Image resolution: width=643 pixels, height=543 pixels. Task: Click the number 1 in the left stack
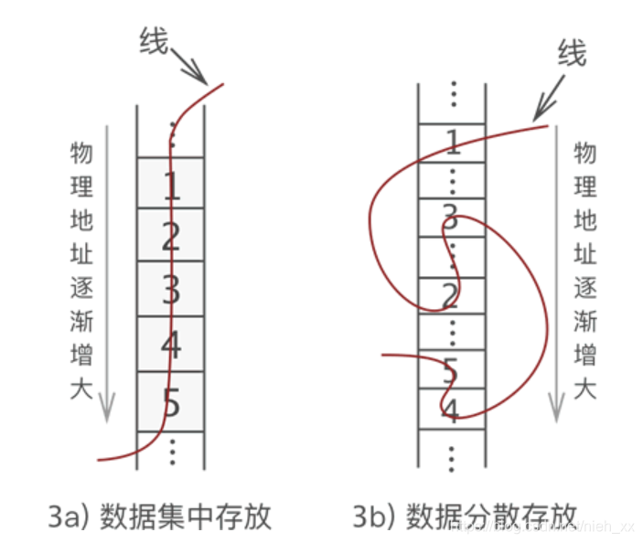click(171, 186)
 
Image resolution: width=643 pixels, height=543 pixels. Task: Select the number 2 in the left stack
click(171, 238)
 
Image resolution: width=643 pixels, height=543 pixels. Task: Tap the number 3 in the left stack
click(171, 291)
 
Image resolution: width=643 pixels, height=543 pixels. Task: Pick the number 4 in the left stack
click(171, 346)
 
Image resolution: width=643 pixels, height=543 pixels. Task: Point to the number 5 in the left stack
click(171, 400)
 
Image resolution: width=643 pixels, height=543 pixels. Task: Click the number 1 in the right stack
click(451, 142)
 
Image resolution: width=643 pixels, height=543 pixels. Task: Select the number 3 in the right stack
click(449, 218)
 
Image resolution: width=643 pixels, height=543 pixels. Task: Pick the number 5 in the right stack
click(449, 371)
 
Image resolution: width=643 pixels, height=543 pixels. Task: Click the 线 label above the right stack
click(571, 54)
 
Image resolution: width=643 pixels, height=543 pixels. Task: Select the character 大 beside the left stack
click(82, 389)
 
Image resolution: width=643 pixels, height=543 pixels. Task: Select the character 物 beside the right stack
click(585, 153)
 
